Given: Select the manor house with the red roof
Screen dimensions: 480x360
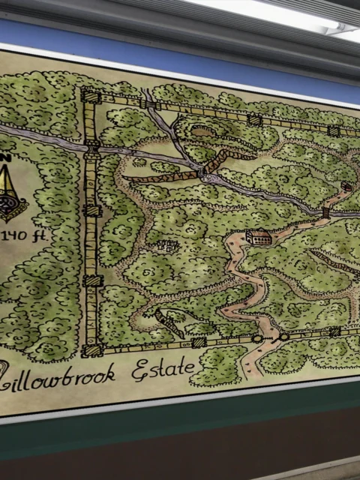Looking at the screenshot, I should (x=257, y=236).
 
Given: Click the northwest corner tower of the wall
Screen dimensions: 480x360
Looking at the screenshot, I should (x=90, y=96).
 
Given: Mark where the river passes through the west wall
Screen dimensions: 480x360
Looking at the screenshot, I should (x=91, y=148).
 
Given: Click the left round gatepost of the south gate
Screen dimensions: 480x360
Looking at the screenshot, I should (x=257, y=339).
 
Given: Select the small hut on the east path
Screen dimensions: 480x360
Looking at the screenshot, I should (x=345, y=186).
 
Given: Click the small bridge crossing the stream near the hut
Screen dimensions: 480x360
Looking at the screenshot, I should (x=325, y=212).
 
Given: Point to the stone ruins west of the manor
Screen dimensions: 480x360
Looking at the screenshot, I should (x=168, y=244).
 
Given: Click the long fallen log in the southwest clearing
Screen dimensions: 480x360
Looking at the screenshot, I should (x=170, y=323).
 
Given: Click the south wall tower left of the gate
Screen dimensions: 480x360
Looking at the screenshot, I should (x=199, y=342).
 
